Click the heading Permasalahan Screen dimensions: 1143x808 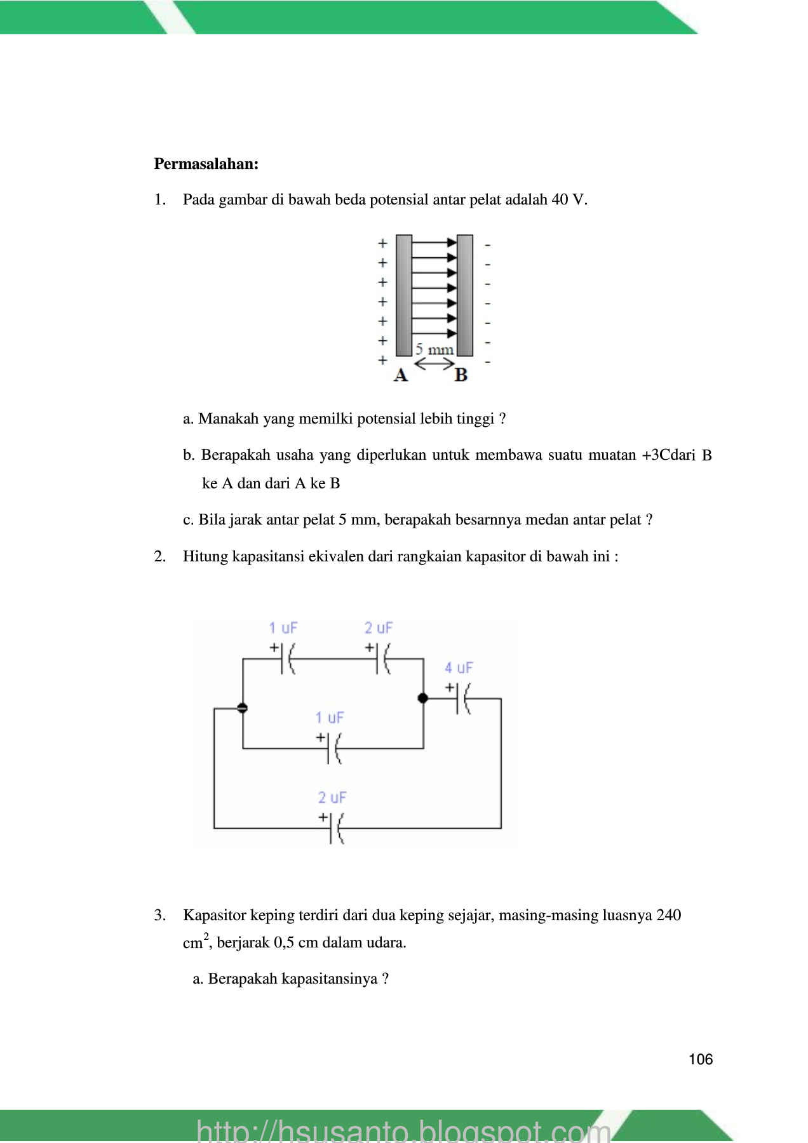coord(206,164)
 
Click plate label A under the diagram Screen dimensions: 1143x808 coord(401,375)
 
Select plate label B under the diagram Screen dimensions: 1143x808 coord(461,375)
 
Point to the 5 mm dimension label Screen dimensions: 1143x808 coord(434,350)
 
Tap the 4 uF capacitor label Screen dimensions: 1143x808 coord(459,668)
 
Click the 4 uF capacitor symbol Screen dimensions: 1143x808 coord(463,698)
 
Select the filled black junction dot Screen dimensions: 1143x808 coord(422,698)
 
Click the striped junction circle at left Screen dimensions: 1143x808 coord(242,708)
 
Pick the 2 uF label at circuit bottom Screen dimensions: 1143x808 coord(332,798)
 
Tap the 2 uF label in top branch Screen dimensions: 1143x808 coord(379,628)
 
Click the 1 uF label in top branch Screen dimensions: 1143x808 coord(283,628)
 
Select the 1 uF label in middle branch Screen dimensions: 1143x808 coord(329,718)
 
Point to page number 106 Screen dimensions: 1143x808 coord(701,1059)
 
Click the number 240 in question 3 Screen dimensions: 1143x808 coord(668,916)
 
